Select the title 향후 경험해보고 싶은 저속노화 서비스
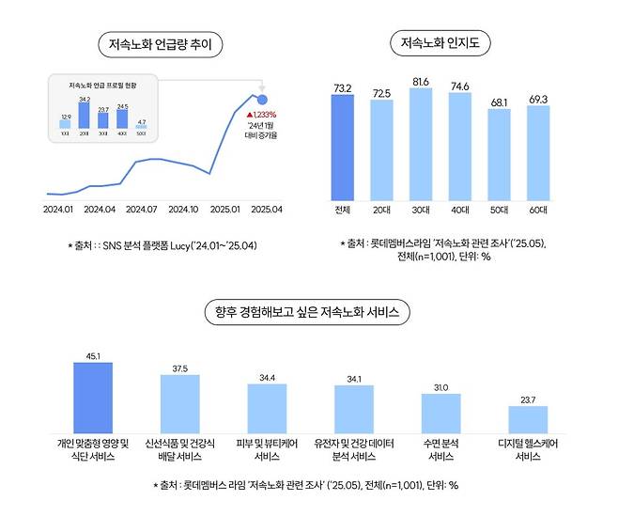(x=308, y=311)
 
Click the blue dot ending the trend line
(x=262, y=99)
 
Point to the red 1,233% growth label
(x=263, y=114)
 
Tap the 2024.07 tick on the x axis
(x=140, y=208)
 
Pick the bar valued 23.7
(x=528, y=418)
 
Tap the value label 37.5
(x=178, y=368)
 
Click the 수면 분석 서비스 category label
(x=440, y=449)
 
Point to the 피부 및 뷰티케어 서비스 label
(x=266, y=449)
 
